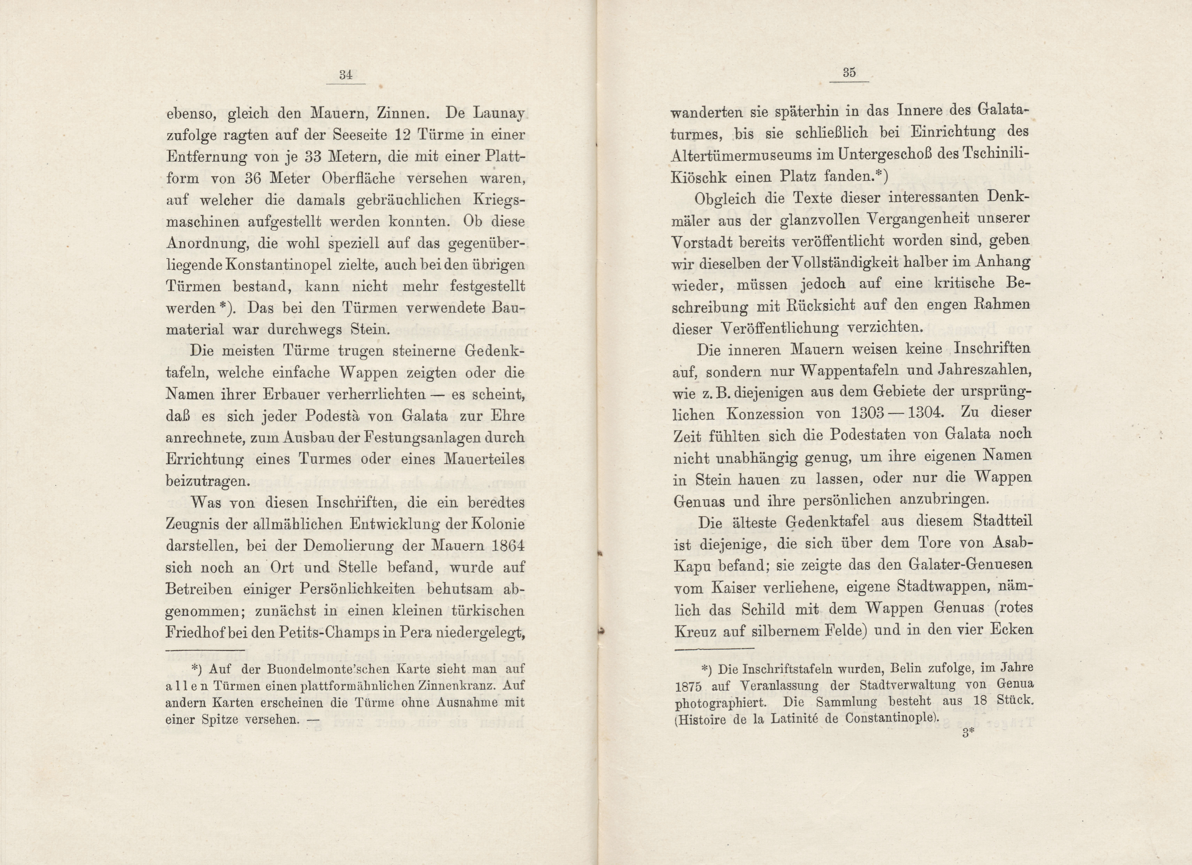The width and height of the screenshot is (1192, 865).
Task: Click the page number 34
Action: coord(345,75)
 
